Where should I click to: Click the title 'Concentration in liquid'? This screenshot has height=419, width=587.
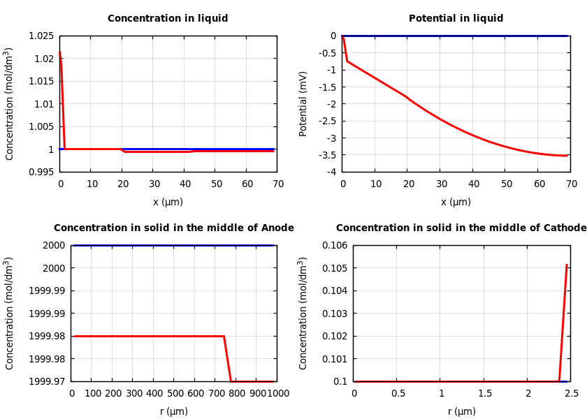(x=168, y=19)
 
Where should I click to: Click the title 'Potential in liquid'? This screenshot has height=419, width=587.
(x=456, y=19)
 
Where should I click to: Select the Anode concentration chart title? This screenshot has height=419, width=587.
(x=174, y=228)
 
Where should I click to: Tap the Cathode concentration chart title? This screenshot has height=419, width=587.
(x=461, y=228)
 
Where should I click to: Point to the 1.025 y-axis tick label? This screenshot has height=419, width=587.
(x=41, y=36)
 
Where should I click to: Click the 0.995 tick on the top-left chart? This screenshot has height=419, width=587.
(x=41, y=172)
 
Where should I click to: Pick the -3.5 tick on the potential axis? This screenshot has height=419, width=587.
(x=326, y=154)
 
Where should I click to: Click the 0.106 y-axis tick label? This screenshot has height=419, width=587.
(x=334, y=245)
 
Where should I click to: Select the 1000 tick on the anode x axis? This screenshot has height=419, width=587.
(x=279, y=394)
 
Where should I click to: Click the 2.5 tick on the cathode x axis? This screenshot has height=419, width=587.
(x=572, y=394)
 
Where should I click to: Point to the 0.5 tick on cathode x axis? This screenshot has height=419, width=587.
(x=397, y=394)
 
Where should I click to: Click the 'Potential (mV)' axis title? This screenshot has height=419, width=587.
(x=303, y=103)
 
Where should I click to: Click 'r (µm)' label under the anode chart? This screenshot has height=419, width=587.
(x=174, y=412)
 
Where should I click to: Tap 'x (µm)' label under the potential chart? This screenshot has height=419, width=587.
(x=456, y=203)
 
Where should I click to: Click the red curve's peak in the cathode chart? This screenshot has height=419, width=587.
(x=567, y=265)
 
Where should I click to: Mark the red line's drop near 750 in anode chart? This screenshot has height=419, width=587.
(x=227, y=358)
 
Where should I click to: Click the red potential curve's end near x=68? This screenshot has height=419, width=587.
(x=566, y=156)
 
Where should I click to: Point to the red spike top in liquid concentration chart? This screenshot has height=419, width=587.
(x=59, y=52)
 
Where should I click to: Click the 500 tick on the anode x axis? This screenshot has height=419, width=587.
(x=175, y=394)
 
